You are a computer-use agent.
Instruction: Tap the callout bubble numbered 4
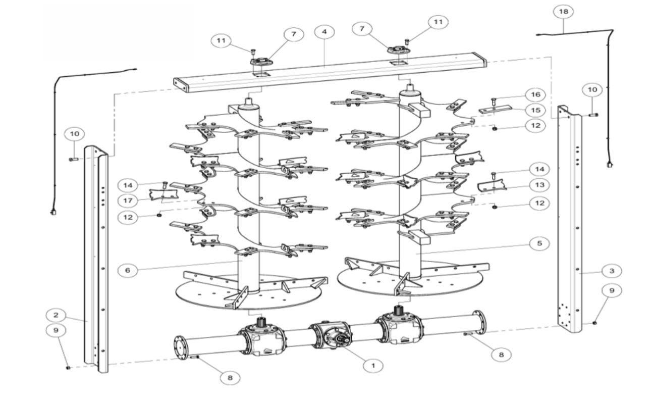click(x=324, y=32)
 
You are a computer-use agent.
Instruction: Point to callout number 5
click(x=539, y=243)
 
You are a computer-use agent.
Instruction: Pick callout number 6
click(x=128, y=270)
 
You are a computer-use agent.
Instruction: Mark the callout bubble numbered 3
click(x=612, y=271)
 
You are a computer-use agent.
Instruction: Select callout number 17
click(x=128, y=200)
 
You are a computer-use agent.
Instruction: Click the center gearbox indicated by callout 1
click(x=331, y=334)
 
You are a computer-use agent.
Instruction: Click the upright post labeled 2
click(x=96, y=258)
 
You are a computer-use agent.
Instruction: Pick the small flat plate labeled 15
click(x=495, y=110)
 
